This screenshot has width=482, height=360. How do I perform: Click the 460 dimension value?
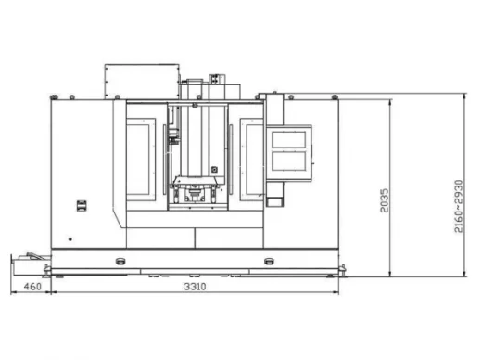(x=32, y=287)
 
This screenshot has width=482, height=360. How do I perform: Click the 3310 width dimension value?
(x=195, y=287)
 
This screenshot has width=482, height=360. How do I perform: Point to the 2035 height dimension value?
(x=385, y=200)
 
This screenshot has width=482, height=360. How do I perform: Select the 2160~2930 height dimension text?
(x=459, y=206)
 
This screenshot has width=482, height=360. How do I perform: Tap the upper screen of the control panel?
(x=289, y=139)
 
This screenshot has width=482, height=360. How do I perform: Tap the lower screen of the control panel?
(x=289, y=161)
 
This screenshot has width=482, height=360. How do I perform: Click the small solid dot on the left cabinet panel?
(x=70, y=239)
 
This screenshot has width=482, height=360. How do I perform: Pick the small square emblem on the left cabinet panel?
(x=82, y=206)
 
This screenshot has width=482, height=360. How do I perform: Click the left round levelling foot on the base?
(x=120, y=262)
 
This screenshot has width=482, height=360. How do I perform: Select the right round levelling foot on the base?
(x=269, y=262)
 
